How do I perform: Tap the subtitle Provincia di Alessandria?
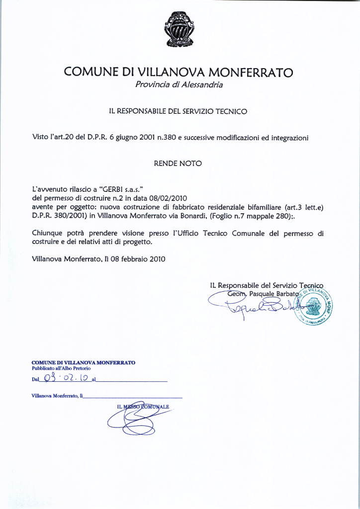tap(179, 85)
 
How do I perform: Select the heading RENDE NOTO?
tap(178, 163)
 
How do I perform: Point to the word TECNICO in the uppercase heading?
tap(230, 112)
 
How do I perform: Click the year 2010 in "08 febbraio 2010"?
tap(156, 259)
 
